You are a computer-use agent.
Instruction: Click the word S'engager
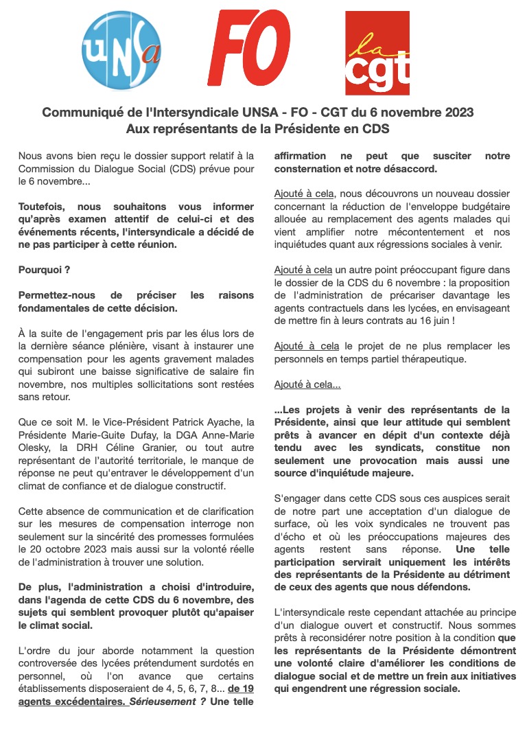300,499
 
